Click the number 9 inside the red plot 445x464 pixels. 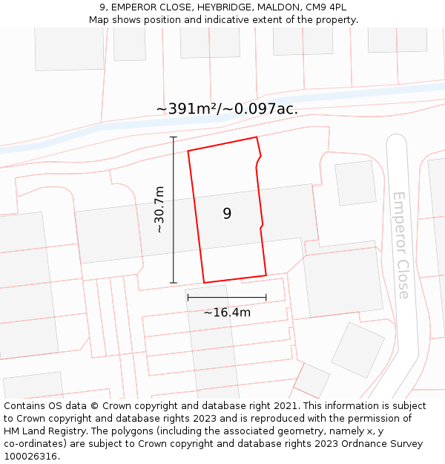(x=227, y=214)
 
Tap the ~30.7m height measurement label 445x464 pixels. (x=159, y=210)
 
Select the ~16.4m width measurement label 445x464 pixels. (x=227, y=313)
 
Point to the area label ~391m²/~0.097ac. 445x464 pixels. (x=227, y=108)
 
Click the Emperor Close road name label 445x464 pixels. (x=400, y=245)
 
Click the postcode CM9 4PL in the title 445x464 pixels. (x=326, y=7)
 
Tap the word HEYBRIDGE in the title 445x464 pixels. (x=222, y=7)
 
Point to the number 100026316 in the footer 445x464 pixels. (x=29, y=457)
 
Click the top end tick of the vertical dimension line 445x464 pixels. (x=174, y=137)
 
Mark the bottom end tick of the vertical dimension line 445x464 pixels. (x=174, y=283)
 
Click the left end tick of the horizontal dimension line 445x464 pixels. (x=188, y=298)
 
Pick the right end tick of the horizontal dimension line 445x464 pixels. (x=266, y=298)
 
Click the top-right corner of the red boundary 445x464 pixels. (x=257, y=137)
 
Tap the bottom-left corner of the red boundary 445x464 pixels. (x=204, y=283)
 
